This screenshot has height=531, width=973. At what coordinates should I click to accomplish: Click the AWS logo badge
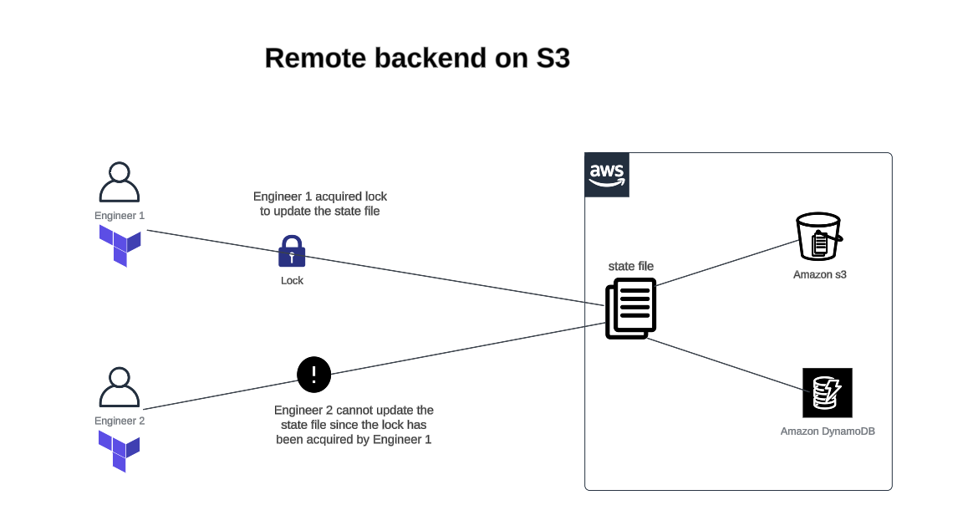coord(607,175)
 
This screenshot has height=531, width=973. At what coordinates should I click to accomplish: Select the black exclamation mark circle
coord(314,374)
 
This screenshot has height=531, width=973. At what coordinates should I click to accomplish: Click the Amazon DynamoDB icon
coord(827,392)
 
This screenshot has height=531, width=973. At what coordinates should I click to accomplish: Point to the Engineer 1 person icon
coord(120,182)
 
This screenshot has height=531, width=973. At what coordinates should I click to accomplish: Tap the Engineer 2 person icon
coord(120,387)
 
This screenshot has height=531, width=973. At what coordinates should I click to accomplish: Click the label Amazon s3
coord(819,274)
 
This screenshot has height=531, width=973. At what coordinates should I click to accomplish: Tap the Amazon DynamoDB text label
coord(827,431)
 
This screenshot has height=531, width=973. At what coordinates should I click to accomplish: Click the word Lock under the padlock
coord(292,281)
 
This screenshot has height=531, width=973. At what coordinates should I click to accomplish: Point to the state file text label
coord(630,266)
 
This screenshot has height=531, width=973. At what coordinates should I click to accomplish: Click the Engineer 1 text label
coord(120,216)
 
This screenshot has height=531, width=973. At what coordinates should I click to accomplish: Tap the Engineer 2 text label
coord(120,421)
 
